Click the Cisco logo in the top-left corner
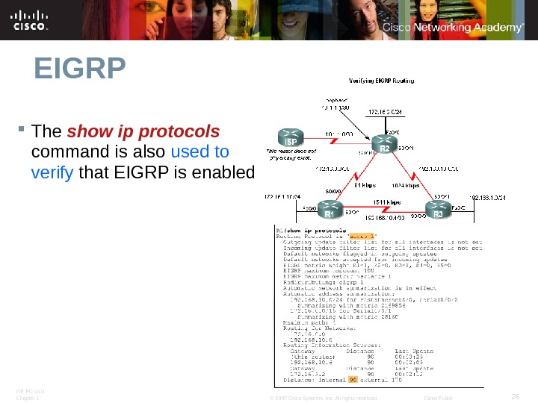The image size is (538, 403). [x=30, y=21]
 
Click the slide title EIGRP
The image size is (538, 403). [x=78, y=70]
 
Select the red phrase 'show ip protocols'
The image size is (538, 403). [x=143, y=132]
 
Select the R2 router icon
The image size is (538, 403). [x=384, y=143]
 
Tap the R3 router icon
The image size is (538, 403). [x=439, y=210]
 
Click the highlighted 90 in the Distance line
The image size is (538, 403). [x=353, y=380]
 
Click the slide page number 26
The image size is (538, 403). [x=515, y=396]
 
